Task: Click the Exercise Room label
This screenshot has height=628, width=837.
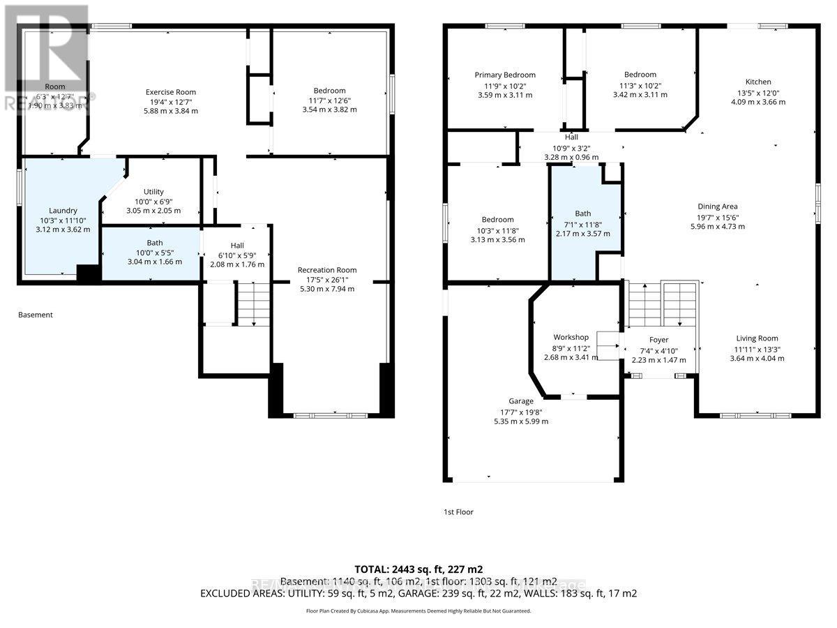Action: [x=171, y=92]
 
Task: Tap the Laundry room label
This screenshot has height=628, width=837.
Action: [x=63, y=210]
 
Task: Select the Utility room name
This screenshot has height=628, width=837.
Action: [x=153, y=192]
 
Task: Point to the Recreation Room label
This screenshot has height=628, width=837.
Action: [x=326, y=270]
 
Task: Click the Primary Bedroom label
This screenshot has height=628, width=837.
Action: [x=505, y=75]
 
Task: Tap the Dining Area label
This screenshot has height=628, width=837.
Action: [x=718, y=207]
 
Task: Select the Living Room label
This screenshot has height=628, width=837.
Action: [x=757, y=338]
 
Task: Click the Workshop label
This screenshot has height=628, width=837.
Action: [x=571, y=338]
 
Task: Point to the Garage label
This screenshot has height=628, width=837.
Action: [x=521, y=401]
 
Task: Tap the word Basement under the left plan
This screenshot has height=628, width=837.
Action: [x=35, y=315]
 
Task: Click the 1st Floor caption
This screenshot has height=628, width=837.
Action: [x=458, y=512]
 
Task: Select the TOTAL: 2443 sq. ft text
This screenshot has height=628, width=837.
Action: [x=418, y=569]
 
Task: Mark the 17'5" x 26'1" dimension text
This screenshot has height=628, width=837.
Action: [x=326, y=279]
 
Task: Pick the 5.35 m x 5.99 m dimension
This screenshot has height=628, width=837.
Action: [x=521, y=421]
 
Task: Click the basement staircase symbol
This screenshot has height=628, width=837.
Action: [x=252, y=303]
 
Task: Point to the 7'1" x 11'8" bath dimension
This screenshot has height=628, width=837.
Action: [x=582, y=224]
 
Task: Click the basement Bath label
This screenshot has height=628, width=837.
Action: [x=155, y=243]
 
